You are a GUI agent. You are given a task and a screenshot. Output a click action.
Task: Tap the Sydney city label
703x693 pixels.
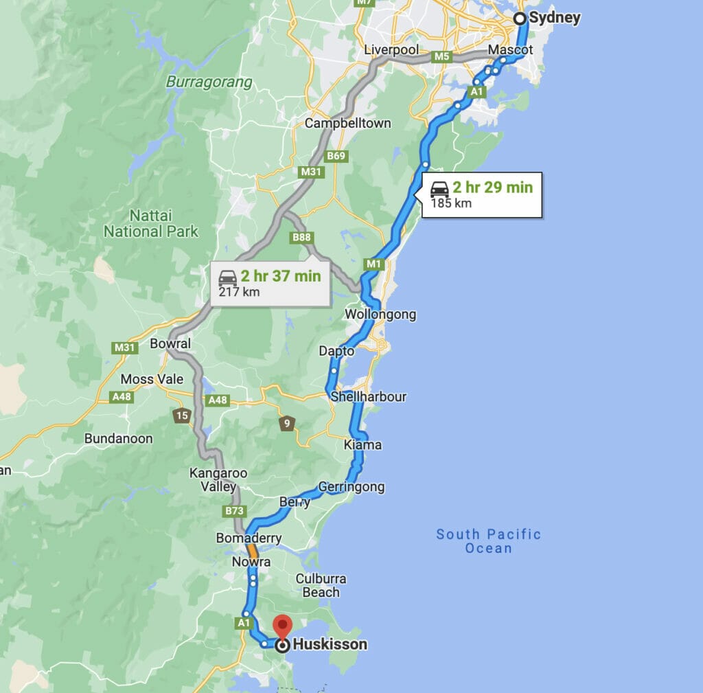click(x=555, y=18)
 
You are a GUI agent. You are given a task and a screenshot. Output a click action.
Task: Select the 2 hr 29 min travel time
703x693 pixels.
click(x=492, y=187)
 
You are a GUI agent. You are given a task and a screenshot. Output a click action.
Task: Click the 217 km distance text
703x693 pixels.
click(x=239, y=292)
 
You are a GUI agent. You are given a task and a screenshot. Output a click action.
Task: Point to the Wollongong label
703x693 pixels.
click(x=380, y=315)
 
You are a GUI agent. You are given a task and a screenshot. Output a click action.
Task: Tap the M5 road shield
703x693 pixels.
click(x=442, y=57)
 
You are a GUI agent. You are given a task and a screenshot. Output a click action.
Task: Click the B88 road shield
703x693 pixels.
click(x=301, y=238)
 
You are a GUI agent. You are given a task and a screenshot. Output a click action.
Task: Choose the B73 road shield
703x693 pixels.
click(x=235, y=511)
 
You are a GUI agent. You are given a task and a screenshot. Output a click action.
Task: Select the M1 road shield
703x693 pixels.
click(x=373, y=264)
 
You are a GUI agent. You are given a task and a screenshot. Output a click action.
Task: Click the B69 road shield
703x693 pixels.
click(x=336, y=157)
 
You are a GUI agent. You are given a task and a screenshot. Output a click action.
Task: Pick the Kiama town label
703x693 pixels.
click(x=362, y=444)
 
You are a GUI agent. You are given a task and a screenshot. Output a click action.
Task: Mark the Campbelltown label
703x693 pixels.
click(x=348, y=124)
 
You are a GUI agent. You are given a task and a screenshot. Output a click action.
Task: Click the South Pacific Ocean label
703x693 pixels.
click(x=489, y=541)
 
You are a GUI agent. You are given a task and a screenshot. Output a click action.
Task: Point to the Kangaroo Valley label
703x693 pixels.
click(x=218, y=480)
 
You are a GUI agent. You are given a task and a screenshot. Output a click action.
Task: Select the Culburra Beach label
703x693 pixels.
click(x=321, y=585)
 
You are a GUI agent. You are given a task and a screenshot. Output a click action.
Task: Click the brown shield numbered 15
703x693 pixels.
click(x=181, y=416)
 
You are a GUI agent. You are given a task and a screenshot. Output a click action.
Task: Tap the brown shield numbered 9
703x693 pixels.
click(x=287, y=424)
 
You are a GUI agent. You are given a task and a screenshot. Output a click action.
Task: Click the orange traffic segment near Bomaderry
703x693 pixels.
click(x=253, y=551)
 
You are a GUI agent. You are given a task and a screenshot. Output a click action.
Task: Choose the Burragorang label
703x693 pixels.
click(x=209, y=82)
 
